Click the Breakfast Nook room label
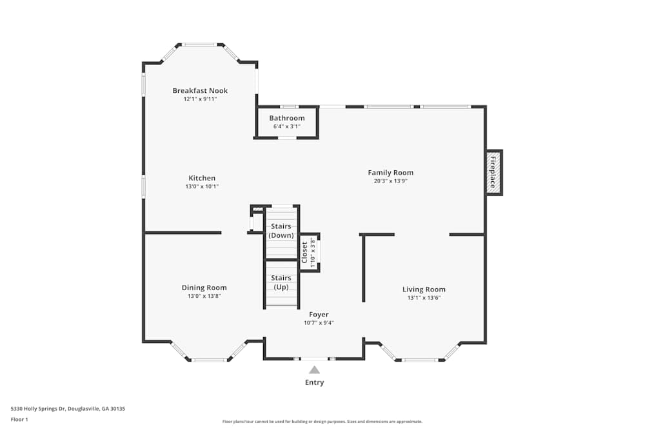[200, 90]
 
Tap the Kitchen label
[202, 178]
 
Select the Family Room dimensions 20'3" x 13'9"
[390, 181]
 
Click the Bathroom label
[287, 118]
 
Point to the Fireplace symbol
[494, 172]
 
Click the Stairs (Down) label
[281, 231]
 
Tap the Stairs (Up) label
[281, 282]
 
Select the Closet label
[304, 253]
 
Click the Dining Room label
[204, 288]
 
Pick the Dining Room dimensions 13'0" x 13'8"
[204, 296]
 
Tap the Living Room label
[424, 289]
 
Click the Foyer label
[319, 315]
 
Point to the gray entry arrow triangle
[314, 369]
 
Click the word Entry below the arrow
[314, 382]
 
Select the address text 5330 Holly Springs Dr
[38, 409]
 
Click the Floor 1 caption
[19, 419]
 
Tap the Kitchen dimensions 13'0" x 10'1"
[202, 186]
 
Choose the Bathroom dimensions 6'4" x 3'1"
[287, 126]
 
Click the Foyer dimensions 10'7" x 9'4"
[319, 323]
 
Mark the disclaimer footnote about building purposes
[322, 422]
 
